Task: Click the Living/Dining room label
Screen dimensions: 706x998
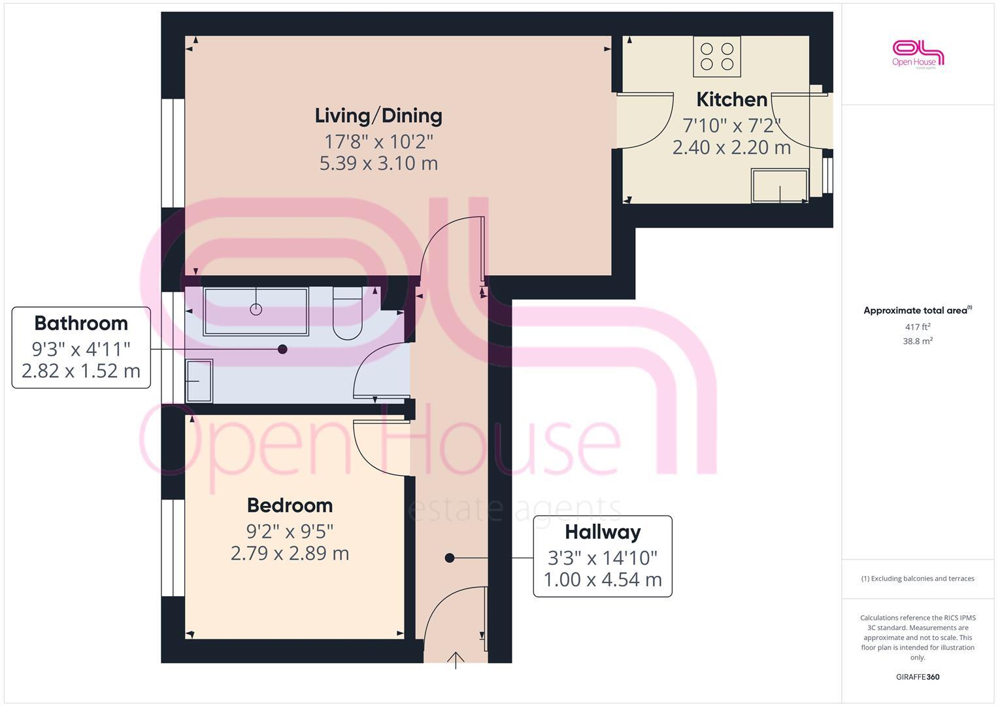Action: (378, 116)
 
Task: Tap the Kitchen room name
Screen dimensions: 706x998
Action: (731, 99)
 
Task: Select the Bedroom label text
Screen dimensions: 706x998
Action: (290, 505)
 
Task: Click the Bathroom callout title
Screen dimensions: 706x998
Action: (81, 324)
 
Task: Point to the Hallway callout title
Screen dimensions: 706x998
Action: (603, 532)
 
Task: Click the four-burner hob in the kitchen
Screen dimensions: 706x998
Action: (717, 56)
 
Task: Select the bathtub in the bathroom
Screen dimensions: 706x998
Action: (256, 311)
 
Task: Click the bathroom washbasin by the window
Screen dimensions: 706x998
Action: (199, 380)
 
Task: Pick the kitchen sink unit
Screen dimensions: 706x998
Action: (780, 186)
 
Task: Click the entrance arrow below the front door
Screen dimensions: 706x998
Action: (456, 660)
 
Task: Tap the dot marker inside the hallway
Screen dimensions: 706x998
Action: (450, 558)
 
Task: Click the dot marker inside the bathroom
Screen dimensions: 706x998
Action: (282, 349)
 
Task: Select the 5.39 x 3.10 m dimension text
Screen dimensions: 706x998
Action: (378, 163)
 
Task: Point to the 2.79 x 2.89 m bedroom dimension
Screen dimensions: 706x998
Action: (290, 554)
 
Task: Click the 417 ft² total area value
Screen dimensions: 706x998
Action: (918, 327)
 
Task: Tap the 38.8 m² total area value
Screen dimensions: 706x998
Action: (918, 341)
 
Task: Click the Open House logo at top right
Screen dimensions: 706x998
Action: (918, 54)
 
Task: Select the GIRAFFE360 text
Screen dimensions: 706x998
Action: (918, 677)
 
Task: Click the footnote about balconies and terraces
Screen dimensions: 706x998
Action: (918, 579)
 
